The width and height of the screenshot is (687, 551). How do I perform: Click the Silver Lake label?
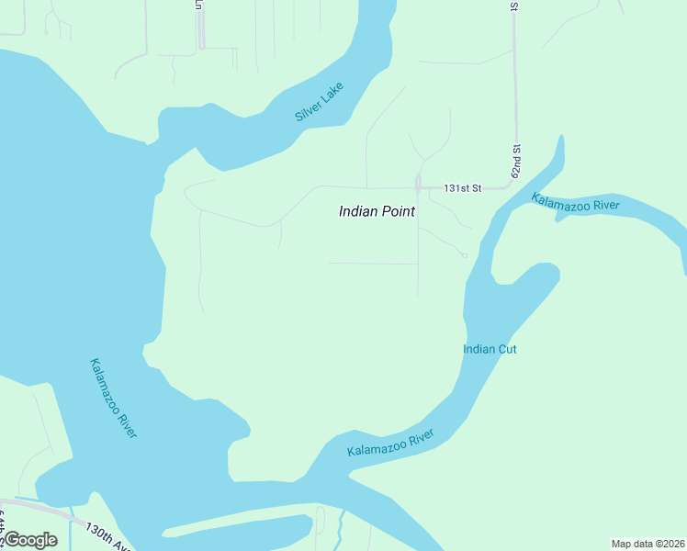pos(319,102)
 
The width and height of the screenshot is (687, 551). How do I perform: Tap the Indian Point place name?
pos(377,211)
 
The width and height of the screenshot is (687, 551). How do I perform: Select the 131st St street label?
pos(463,187)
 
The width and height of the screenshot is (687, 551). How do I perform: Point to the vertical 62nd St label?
pos(517,161)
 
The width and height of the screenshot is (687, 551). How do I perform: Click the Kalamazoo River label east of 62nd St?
pos(576,203)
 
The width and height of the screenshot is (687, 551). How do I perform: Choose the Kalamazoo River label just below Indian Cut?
pos(390,444)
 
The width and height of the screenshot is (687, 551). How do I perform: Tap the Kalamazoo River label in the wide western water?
pos(113,398)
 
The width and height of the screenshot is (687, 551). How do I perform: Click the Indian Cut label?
pos(490,349)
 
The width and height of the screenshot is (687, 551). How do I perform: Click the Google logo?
pos(30,540)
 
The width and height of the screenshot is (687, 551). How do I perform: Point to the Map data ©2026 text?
pos(648,544)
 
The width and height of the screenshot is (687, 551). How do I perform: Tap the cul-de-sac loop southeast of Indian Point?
pos(465,255)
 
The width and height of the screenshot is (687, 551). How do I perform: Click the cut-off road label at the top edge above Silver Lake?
pos(198,5)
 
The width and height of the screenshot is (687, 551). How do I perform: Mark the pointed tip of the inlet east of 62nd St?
pos(559,138)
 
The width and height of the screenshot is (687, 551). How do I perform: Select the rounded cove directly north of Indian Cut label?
pos(542,273)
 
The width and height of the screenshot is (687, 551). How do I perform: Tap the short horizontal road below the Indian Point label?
pos(372,264)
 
